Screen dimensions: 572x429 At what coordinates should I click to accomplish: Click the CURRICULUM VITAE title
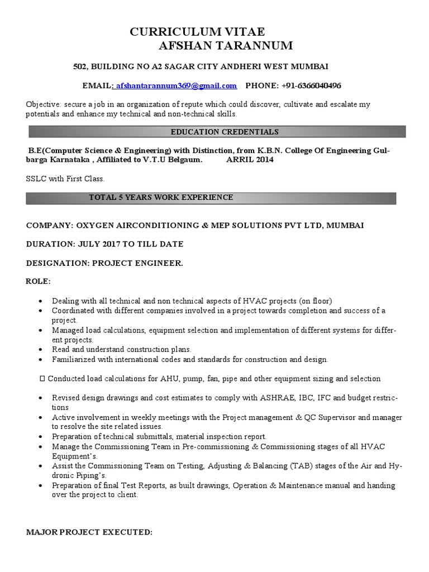(197, 31)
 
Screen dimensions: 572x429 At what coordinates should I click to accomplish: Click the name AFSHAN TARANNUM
(226, 46)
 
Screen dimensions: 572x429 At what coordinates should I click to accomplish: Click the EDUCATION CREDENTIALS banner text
(216, 132)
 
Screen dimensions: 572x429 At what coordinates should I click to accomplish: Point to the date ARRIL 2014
(250, 160)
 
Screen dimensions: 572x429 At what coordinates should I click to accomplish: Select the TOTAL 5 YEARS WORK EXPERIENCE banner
(161, 198)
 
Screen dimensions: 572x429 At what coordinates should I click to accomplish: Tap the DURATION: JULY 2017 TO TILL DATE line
(104, 244)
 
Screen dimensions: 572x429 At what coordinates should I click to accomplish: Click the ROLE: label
(39, 281)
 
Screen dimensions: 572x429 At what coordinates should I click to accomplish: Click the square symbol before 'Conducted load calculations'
(43, 379)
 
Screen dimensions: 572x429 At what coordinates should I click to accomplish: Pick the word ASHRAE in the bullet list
(274, 398)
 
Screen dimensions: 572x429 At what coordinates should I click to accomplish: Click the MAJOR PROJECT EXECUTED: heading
(89, 532)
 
